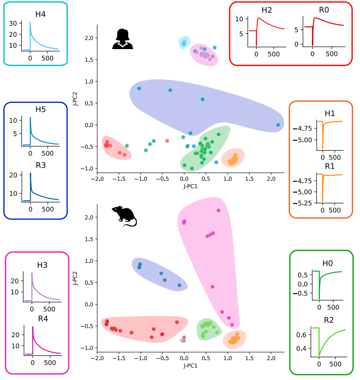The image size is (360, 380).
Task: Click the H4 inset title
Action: click(x=40, y=14)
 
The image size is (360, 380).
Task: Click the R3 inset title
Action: click(x=40, y=165)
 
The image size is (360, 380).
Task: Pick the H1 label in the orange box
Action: click(x=330, y=113)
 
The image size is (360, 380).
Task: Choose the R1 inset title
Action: click(x=330, y=166)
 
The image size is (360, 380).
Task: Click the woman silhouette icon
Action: click(x=123, y=39)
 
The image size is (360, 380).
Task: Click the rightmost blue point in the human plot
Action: click(x=278, y=125)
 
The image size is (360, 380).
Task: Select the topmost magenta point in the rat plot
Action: click(x=218, y=211)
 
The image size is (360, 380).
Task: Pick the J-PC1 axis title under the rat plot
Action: click(x=191, y=365)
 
